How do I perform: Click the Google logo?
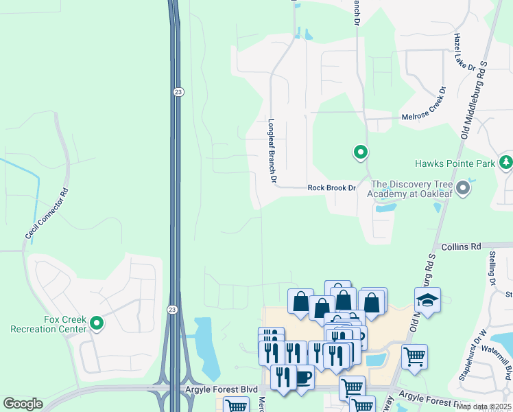click(23, 404)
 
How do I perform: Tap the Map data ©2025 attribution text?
click(484, 407)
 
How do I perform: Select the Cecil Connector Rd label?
click(47, 214)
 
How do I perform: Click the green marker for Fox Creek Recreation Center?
click(97, 322)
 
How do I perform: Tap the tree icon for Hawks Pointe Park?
click(506, 163)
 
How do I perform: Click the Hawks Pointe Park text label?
click(455, 163)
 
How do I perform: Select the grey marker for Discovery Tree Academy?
click(464, 187)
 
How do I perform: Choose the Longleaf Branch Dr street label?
click(272, 149)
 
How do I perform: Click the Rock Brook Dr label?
click(332, 187)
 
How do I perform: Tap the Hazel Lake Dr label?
click(464, 54)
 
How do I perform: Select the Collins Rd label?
click(462, 246)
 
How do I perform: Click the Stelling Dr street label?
click(492, 268)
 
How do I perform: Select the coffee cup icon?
click(302, 377)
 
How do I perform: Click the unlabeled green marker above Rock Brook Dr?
click(360, 152)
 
